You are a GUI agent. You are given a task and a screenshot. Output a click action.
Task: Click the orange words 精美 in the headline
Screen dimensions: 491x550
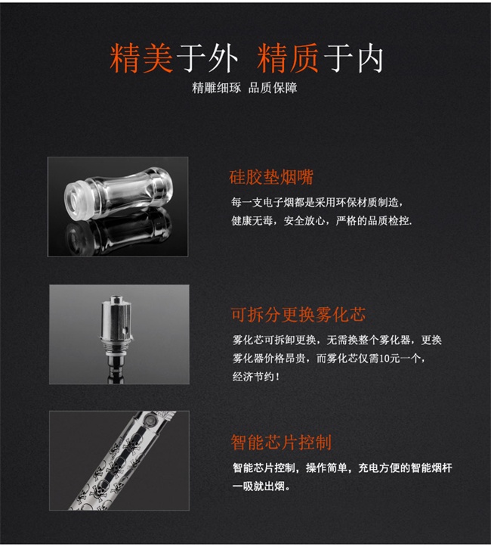(x=141, y=58)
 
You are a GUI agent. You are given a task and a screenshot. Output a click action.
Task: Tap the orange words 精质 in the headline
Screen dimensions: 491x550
(x=288, y=58)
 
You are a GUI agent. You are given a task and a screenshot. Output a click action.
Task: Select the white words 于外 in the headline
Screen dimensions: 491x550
(x=207, y=58)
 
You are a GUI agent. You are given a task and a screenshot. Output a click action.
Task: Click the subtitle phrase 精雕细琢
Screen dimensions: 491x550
(x=217, y=88)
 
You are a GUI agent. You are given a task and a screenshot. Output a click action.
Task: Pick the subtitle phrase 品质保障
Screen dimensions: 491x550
(x=273, y=88)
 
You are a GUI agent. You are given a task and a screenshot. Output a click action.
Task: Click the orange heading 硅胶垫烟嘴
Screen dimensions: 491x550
(x=271, y=177)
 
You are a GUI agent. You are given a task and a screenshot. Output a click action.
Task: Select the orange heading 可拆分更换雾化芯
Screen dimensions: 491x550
(x=298, y=314)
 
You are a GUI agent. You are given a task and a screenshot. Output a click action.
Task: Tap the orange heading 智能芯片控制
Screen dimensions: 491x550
(x=281, y=443)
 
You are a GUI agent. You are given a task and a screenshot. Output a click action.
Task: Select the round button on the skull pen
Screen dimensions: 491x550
(x=151, y=419)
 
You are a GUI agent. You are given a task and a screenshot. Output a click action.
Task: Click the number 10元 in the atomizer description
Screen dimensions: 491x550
(x=390, y=359)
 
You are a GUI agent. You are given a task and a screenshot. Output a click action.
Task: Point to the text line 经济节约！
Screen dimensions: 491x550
(x=256, y=377)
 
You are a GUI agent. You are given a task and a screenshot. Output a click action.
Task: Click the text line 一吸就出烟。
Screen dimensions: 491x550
(x=261, y=486)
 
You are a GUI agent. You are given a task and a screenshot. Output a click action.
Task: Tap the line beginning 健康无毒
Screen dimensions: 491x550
(x=322, y=221)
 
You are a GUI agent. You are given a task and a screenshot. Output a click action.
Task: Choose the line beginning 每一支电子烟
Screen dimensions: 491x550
(x=317, y=203)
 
